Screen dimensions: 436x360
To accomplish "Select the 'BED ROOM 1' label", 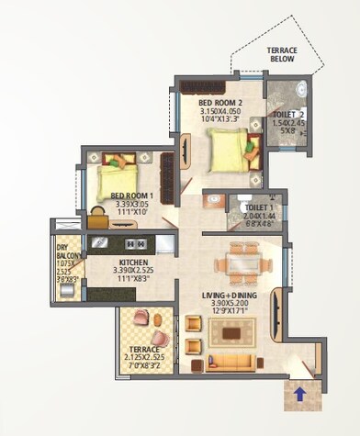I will click(x=132, y=196).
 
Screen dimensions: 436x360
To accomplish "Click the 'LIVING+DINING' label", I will click(x=230, y=295).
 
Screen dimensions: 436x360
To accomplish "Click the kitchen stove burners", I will click(x=133, y=243).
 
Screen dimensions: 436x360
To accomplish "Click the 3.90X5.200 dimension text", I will click(x=230, y=304).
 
